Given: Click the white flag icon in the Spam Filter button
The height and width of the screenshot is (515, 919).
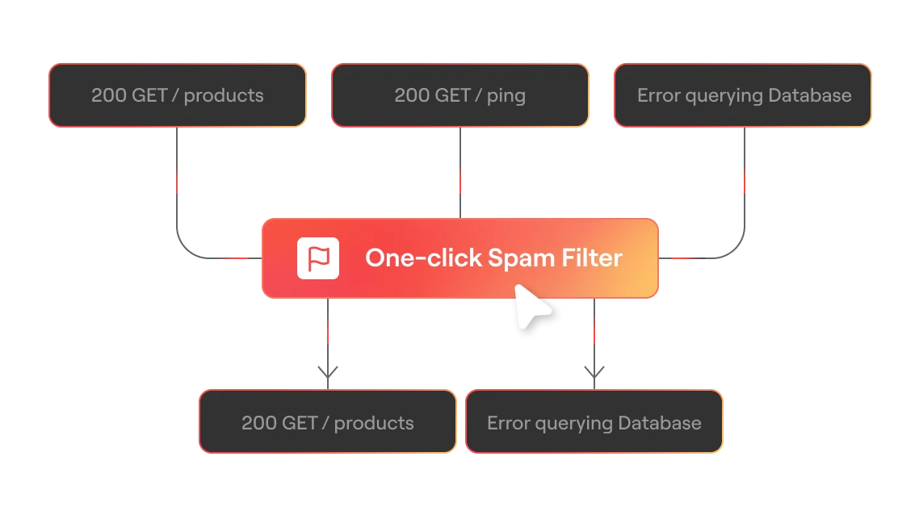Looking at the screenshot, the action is pos(318,258).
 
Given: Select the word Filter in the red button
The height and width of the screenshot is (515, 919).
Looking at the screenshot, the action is pos(592,257).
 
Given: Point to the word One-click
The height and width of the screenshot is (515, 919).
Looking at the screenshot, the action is pos(423,257).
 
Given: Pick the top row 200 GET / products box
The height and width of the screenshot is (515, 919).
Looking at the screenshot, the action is pos(178,95).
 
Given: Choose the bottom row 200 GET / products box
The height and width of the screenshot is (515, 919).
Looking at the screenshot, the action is pos(328,422).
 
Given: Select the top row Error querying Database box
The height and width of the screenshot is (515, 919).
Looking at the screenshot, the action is pos(743,95).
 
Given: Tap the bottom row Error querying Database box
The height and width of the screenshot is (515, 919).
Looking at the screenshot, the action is pos(594,422).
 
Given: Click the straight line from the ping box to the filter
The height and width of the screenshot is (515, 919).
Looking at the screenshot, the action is pos(460,173).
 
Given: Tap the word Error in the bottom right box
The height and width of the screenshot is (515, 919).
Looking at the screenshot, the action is pos(506,423).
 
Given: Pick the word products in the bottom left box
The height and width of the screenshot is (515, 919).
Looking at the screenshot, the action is pos(374,424).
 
